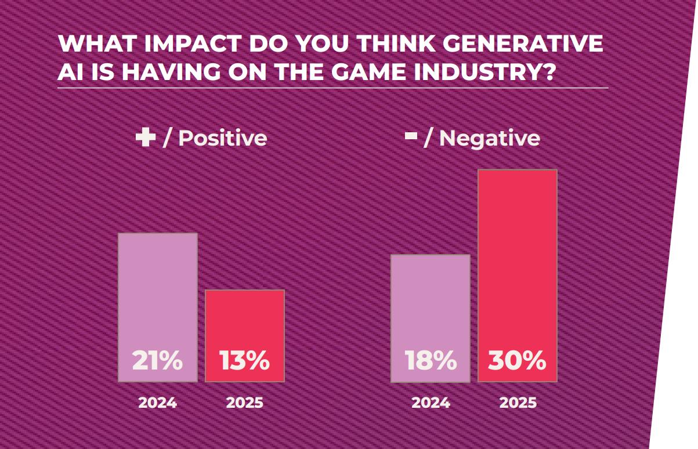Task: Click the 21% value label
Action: tap(157, 361)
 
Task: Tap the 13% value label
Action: tap(244, 361)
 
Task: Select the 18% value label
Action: tap(430, 361)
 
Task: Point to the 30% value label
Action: tap(517, 361)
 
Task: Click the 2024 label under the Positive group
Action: tap(157, 403)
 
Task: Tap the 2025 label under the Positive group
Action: tap(244, 403)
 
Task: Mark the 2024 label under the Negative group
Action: tap(431, 403)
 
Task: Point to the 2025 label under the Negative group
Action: tap(518, 403)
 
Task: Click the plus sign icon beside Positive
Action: tap(145, 138)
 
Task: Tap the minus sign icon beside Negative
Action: tap(411, 137)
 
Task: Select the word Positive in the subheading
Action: tap(222, 139)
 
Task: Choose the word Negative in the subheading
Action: tap(489, 139)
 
